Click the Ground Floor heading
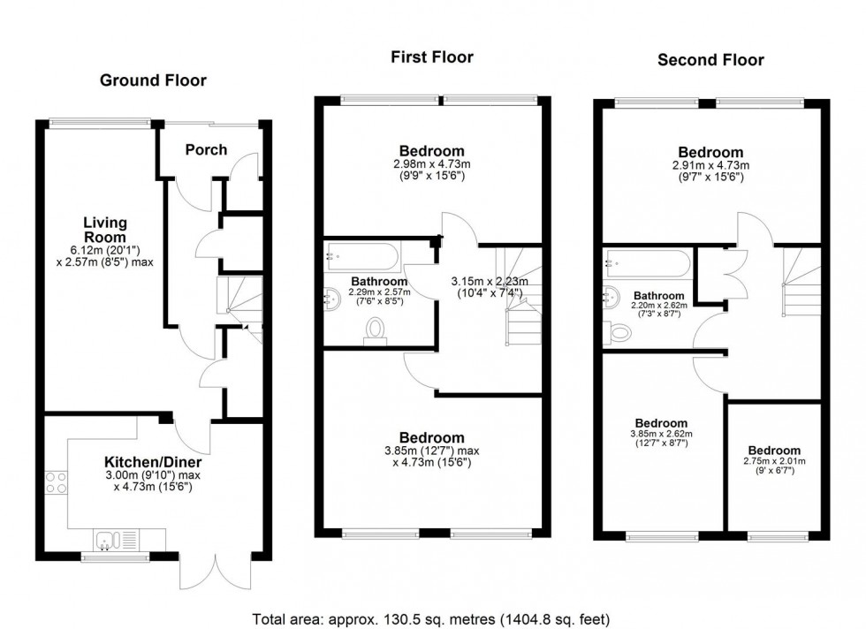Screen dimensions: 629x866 click(153, 80)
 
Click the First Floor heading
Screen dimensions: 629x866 click(432, 57)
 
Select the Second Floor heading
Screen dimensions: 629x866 click(710, 60)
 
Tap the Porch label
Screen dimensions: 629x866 click(205, 149)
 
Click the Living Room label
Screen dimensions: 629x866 click(105, 230)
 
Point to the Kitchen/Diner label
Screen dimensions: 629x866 click(153, 462)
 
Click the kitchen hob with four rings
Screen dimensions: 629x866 click(57, 482)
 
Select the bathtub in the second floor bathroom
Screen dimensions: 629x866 click(646, 263)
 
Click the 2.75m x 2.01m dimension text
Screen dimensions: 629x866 click(773, 460)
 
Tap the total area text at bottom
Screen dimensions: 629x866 click(431, 618)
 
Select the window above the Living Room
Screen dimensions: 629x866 click(99, 123)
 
